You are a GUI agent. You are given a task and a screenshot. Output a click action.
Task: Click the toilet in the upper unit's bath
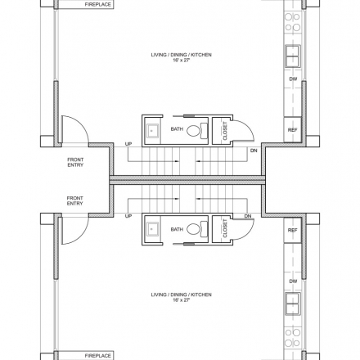coord(197,130)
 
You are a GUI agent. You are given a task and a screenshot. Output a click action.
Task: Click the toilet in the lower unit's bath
coord(197,228)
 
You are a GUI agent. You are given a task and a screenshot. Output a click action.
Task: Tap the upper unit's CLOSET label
coord(225,131)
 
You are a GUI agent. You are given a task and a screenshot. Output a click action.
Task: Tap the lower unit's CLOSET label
coord(225,228)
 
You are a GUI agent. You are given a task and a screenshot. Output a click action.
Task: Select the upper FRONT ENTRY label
coord(75,162)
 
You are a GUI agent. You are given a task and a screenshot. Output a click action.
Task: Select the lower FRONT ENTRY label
coord(74,200)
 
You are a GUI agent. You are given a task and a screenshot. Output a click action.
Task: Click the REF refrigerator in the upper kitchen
coord(292,130)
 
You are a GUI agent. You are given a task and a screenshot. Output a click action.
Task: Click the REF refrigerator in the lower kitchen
coord(292,230)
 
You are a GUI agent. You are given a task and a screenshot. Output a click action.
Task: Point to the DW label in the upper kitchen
coord(293,79)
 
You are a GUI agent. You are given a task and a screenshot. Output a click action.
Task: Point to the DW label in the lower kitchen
coord(293,281)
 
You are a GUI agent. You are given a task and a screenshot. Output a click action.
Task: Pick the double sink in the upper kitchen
coord(293,56)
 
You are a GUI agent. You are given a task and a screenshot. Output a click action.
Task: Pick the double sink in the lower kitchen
coord(293,304)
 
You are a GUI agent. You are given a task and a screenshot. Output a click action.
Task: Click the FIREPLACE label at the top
coord(97,4)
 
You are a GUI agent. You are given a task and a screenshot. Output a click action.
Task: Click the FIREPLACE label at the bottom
coord(97,356)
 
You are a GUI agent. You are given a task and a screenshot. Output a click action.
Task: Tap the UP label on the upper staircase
coord(128,144)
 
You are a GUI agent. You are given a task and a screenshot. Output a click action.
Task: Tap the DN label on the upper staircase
coord(254,151)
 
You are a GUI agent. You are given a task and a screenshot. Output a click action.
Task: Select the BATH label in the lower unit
coord(177,229)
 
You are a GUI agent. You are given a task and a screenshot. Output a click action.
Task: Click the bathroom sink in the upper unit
coord(152,130)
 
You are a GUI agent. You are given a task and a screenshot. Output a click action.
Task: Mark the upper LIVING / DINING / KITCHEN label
coord(181,55)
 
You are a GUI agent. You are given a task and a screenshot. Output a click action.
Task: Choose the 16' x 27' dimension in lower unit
coord(181,300)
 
